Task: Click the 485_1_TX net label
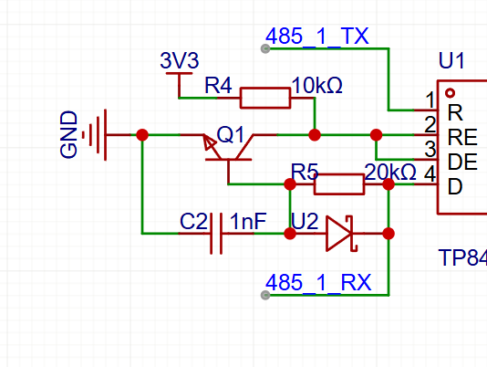317,37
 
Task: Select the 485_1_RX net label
318,283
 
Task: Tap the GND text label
68,135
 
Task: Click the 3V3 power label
180,60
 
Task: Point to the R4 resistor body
265,98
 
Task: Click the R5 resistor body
339,184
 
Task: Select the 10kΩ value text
317,86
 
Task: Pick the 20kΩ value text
390,173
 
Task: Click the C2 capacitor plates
216,234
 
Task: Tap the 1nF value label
248,222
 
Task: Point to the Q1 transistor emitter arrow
210,143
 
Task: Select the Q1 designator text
231,135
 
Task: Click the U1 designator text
451,60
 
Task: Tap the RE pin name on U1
462,138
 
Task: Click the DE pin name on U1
462,162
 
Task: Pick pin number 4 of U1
430,173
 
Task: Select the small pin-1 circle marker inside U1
450,93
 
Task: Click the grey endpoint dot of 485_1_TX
265,48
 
